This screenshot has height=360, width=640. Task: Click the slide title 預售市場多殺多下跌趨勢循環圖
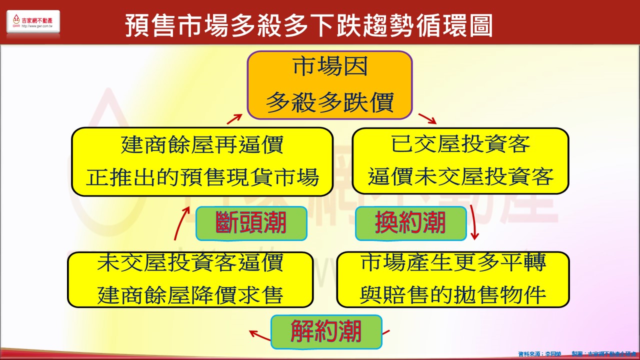point(308,25)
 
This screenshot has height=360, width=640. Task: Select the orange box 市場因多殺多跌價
point(329,85)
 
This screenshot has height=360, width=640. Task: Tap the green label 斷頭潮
point(251,223)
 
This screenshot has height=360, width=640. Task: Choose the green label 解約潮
point(326,331)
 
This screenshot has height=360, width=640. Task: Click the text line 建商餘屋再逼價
point(202,145)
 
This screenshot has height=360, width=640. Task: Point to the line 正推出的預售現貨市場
point(202,177)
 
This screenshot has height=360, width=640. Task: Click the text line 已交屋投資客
point(460,145)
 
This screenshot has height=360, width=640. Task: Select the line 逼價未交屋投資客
point(460,177)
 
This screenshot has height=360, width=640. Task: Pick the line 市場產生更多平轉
point(453,263)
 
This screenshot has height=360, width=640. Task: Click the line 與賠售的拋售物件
point(453,295)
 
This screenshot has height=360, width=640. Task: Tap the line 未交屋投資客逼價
point(190,263)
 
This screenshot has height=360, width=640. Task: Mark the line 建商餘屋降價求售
point(190,295)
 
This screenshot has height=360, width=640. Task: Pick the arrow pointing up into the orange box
point(234,118)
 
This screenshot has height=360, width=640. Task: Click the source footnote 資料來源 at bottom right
point(540,354)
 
